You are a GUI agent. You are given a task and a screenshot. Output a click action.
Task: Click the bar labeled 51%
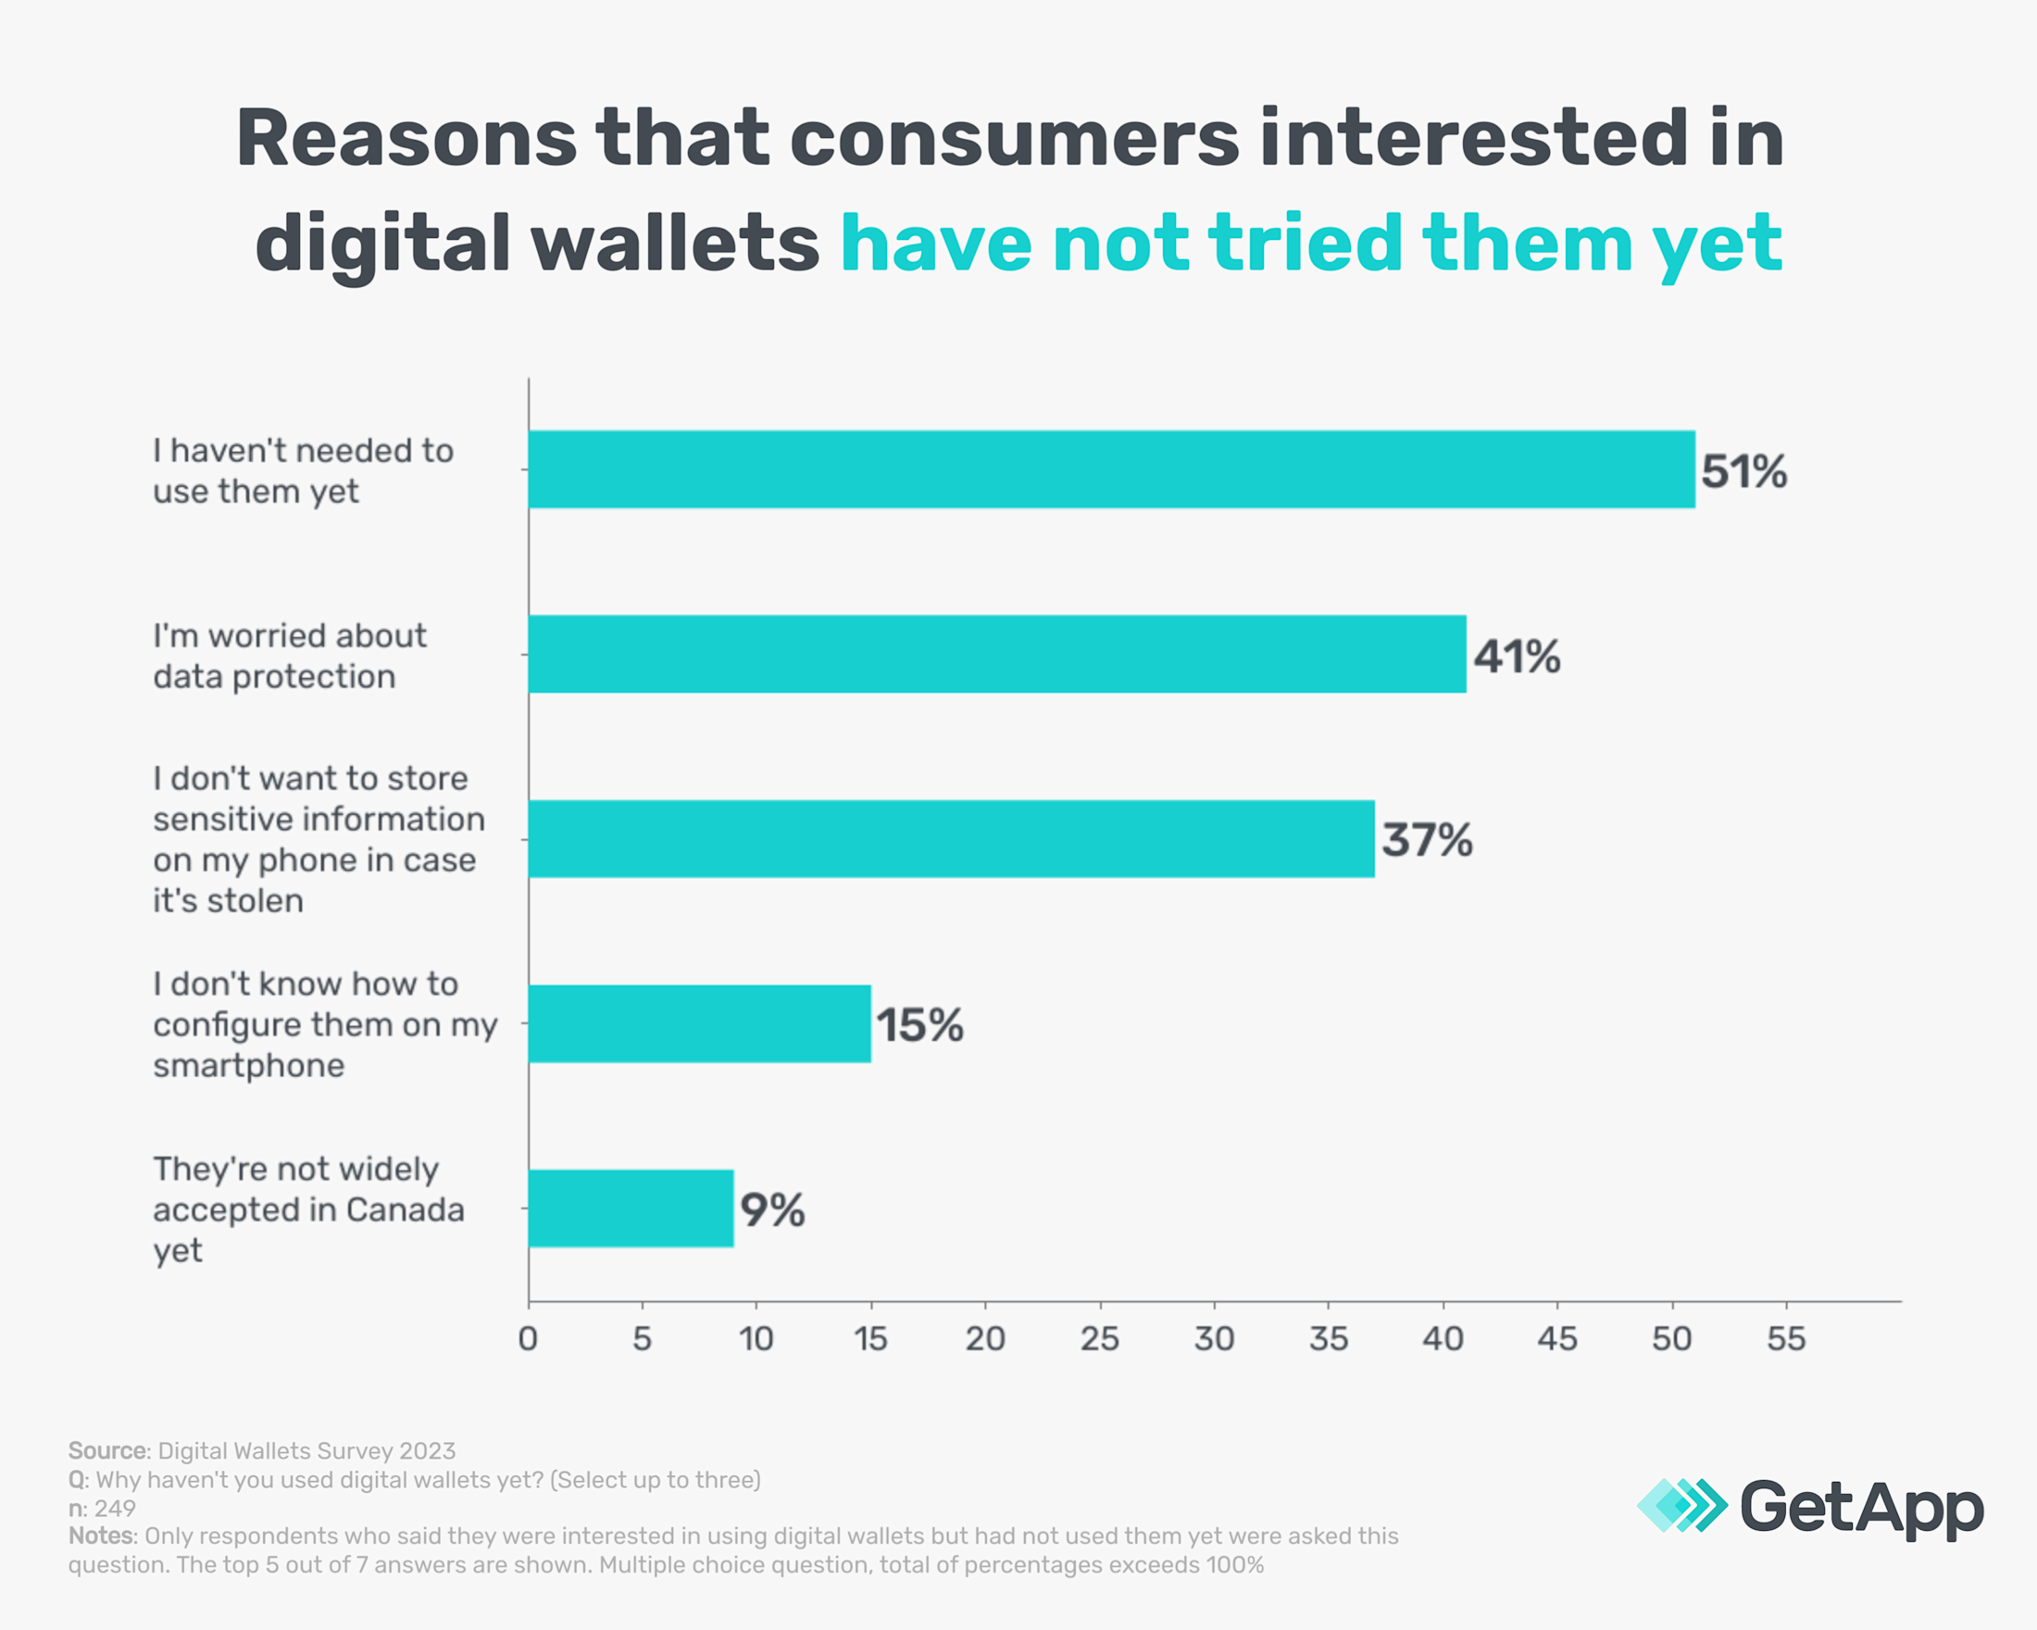coord(1111,470)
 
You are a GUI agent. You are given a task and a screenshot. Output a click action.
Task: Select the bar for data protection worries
coord(997,654)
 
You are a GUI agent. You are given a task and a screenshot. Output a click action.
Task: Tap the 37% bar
coord(951,839)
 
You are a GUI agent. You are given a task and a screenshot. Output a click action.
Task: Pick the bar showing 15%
coord(699,1023)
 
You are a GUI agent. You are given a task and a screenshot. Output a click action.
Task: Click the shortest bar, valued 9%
coord(631,1209)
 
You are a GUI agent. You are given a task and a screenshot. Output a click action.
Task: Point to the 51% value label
coord(1744,471)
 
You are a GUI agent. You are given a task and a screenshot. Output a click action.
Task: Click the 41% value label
coord(1517,657)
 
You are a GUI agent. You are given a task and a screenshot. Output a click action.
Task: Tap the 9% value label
coord(772,1210)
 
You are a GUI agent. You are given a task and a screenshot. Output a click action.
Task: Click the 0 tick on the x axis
coord(528,1339)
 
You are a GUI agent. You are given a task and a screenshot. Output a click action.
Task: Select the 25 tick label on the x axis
coord(1100,1339)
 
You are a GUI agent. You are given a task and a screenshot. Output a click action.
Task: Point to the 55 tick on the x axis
coord(1786,1339)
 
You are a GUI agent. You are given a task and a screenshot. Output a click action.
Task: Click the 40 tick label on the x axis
coord(1443,1339)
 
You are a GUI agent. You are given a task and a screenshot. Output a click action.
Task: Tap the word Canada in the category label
coord(406,1210)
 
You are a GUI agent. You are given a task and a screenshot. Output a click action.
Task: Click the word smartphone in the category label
coord(248,1066)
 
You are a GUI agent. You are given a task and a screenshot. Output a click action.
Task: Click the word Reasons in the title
coord(406,139)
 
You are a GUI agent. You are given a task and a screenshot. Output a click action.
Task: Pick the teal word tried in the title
coord(1306,244)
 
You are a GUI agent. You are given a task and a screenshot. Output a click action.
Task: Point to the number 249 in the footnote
coord(114,1508)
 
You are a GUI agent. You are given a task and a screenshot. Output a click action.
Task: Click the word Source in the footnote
coord(107,1450)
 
